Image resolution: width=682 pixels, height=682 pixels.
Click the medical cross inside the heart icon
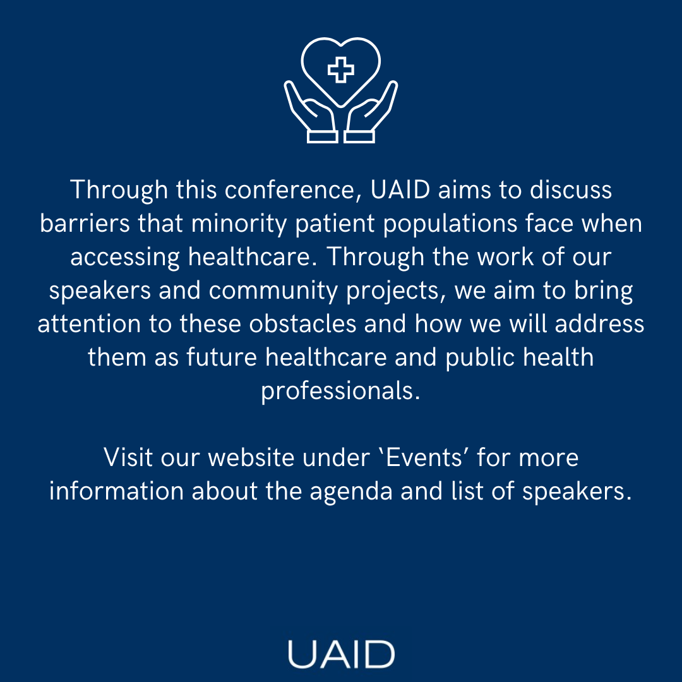[341, 69]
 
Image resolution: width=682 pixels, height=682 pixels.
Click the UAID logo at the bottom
[341, 654]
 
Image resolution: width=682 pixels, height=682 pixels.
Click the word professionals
[340, 392]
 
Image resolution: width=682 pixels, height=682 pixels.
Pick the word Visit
[128, 457]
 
